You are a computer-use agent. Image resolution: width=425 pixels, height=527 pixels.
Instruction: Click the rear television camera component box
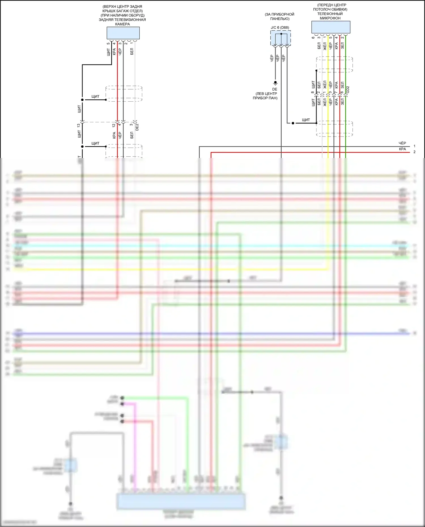123,33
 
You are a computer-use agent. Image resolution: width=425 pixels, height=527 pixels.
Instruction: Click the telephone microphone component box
331,27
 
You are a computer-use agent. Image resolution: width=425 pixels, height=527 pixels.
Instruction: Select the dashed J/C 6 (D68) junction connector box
280,38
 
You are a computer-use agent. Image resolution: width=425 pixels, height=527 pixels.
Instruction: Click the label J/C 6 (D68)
280,27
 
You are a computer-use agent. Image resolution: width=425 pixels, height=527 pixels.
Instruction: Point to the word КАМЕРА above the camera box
122,24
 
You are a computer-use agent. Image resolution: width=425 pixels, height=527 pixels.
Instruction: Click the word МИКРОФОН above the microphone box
330,18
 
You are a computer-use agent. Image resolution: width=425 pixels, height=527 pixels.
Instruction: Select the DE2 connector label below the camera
137,127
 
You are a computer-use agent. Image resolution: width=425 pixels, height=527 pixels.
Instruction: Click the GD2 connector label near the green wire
348,89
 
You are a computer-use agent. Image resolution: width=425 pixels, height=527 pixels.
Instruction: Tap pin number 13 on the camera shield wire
78,125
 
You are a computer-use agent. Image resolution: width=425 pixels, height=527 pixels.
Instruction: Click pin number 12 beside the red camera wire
114,125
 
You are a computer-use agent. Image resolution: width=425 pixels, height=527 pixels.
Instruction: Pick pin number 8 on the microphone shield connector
313,92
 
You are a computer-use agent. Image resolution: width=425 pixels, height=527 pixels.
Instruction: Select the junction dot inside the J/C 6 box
281,34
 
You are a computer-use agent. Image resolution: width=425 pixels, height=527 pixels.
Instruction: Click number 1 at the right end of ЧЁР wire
414,146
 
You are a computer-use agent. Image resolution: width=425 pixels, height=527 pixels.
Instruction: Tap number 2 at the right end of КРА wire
414,152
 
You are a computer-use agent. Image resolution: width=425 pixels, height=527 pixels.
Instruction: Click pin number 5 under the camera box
108,43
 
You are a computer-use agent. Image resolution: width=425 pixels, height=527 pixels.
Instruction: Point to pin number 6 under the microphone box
313,37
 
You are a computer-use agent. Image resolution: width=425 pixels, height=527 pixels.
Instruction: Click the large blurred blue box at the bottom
181,502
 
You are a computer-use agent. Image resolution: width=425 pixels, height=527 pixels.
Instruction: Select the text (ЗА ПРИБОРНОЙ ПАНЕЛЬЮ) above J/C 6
279,16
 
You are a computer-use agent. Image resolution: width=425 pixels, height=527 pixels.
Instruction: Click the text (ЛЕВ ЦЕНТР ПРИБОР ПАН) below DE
265,96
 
